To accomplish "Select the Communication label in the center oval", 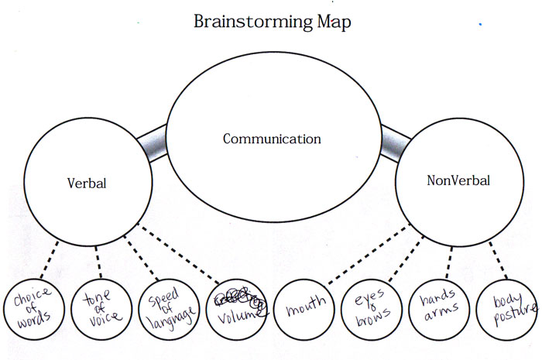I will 271,139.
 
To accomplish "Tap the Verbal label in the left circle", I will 85,185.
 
